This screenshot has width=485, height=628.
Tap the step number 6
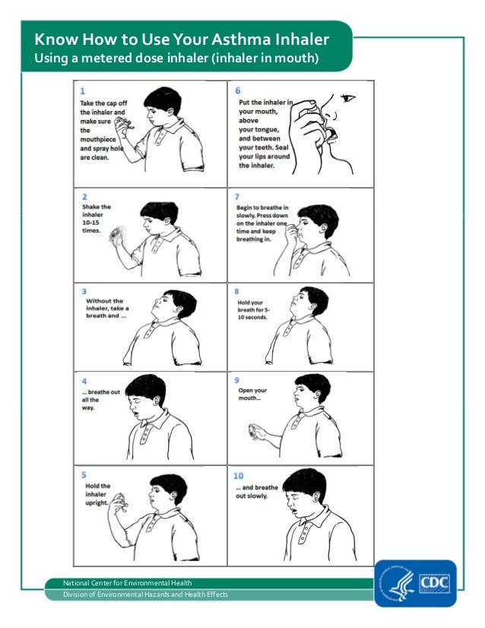click(238, 90)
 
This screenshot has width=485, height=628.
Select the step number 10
click(239, 476)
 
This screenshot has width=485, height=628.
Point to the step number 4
click(84, 381)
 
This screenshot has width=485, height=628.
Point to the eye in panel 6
click(348, 98)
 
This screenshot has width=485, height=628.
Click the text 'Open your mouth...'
click(252, 395)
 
